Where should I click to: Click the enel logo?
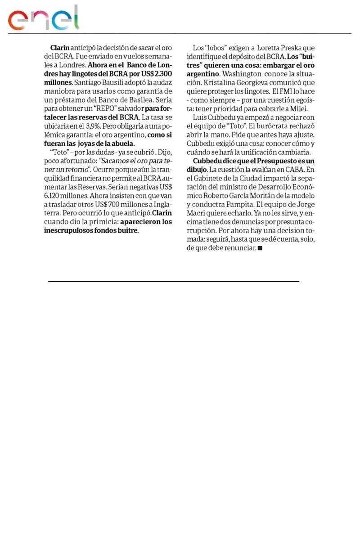pos(43,19)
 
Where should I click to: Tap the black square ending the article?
pos(260,248)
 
